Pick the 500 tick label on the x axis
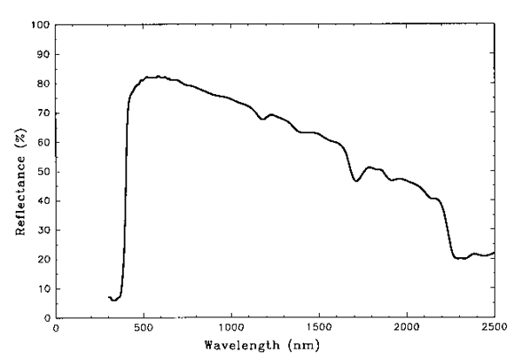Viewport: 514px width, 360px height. click(144, 328)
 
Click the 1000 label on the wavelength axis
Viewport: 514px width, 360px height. click(231, 328)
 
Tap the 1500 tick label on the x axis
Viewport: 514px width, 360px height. click(319, 328)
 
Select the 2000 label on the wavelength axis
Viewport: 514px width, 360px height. click(407, 328)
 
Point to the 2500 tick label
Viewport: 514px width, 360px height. click(494, 328)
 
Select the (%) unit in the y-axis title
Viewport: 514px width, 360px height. click(19, 121)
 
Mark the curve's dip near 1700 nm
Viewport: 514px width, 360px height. click(356, 181)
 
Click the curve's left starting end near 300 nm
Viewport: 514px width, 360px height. click(109, 297)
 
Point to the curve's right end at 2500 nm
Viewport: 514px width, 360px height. click(494, 253)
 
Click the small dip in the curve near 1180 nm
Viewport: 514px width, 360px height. click(262, 118)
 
